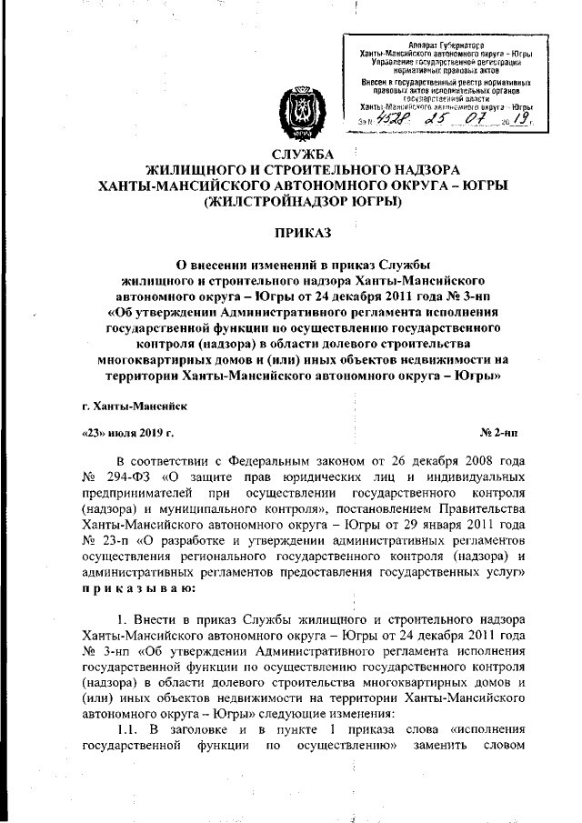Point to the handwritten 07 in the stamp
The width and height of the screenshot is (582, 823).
pos(478,119)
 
